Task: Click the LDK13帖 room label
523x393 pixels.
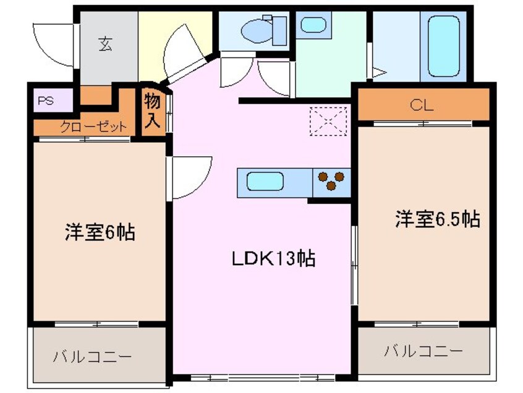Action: pos(273,258)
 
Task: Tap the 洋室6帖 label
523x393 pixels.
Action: pos(100,232)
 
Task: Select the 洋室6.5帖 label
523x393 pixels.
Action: pos(437,219)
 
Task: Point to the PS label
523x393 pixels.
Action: pos(46,101)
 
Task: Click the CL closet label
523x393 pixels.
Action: pos(422,105)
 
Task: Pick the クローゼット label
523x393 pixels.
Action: pos(93,127)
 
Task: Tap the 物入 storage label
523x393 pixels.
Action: pos(153,111)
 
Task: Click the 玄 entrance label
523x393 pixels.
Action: pos(105,44)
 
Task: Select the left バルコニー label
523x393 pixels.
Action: pos(92,357)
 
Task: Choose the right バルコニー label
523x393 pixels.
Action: pos(423,350)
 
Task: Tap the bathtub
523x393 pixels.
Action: pos(444,46)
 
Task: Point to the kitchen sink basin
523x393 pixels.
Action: pos(265,181)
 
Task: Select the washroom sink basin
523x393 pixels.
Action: pos(313,25)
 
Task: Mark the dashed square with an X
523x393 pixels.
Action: pos(328,121)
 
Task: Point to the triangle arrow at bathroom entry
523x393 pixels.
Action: pos(379,72)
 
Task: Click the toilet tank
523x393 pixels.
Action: pos(279,31)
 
